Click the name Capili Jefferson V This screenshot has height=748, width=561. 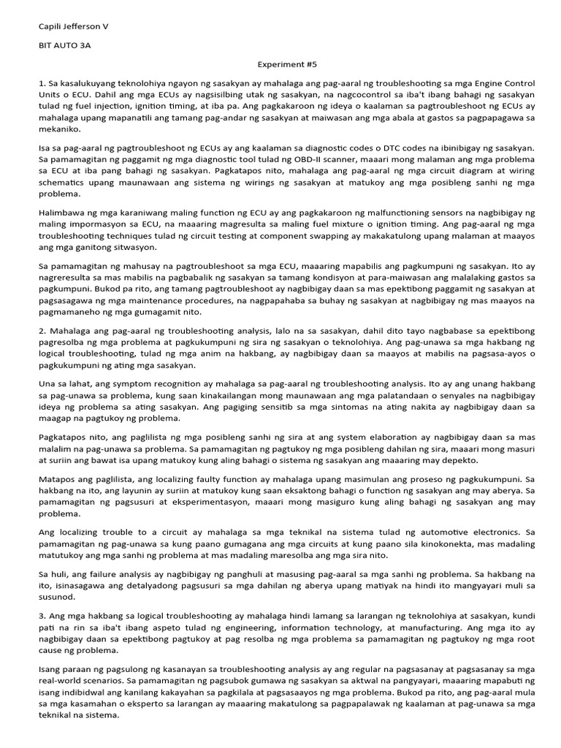tap(73, 26)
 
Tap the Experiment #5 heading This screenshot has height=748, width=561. tap(280, 64)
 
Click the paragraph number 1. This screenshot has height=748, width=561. tap(42, 84)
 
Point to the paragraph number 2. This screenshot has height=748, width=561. tap(42, 331)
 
